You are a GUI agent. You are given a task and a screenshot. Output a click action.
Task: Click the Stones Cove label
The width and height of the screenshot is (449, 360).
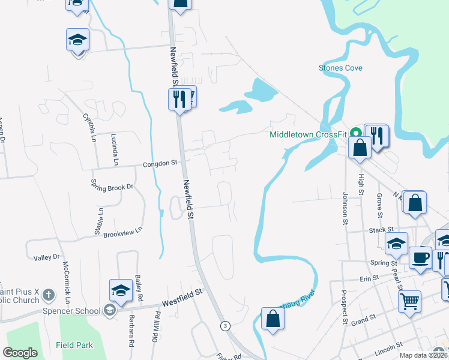point(340,68)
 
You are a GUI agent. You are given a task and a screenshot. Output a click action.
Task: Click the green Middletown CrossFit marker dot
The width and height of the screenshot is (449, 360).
point(355,133)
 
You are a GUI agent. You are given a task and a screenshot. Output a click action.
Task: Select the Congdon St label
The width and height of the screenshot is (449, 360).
point(160,163)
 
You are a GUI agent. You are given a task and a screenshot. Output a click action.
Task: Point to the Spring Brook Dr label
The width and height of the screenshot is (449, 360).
point(112,187)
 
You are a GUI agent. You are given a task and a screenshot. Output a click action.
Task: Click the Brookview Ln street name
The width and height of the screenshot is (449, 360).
point(122,231)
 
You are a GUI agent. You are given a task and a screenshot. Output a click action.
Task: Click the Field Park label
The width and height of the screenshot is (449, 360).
point(74,345)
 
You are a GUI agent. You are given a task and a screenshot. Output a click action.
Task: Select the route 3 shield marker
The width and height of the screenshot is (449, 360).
point(225,326)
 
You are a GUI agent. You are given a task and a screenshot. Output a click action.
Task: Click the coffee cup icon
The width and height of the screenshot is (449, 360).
point(420,257)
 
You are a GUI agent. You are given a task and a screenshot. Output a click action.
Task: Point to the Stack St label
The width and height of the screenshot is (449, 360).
point(381,229)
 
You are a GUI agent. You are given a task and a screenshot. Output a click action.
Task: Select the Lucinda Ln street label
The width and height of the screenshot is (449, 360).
point(115,150)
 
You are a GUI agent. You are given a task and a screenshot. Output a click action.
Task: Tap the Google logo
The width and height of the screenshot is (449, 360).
point(20,353)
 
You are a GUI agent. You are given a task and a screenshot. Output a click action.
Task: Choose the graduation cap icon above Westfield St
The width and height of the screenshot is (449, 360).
point(120,290)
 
